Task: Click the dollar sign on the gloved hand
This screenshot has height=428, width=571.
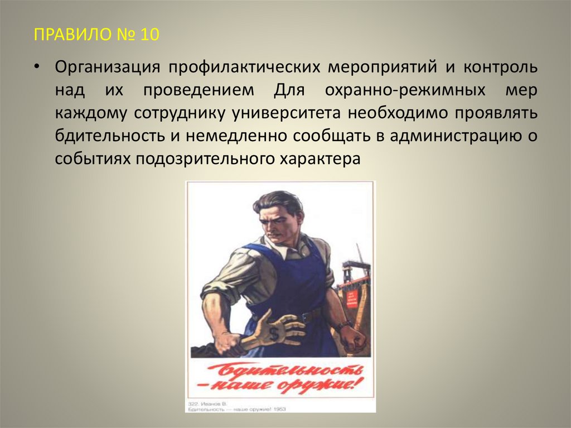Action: pos(273,335)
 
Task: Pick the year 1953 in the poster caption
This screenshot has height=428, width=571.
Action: pos(266,408)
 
